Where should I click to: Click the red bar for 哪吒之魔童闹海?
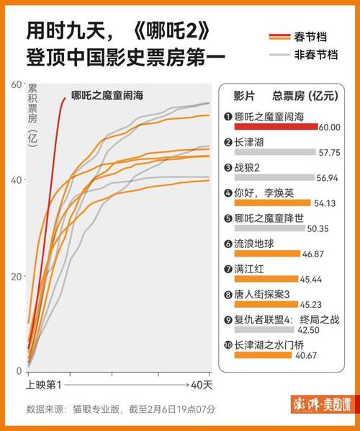(x=276, y=127)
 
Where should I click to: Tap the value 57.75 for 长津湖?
(x=328, y=153)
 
